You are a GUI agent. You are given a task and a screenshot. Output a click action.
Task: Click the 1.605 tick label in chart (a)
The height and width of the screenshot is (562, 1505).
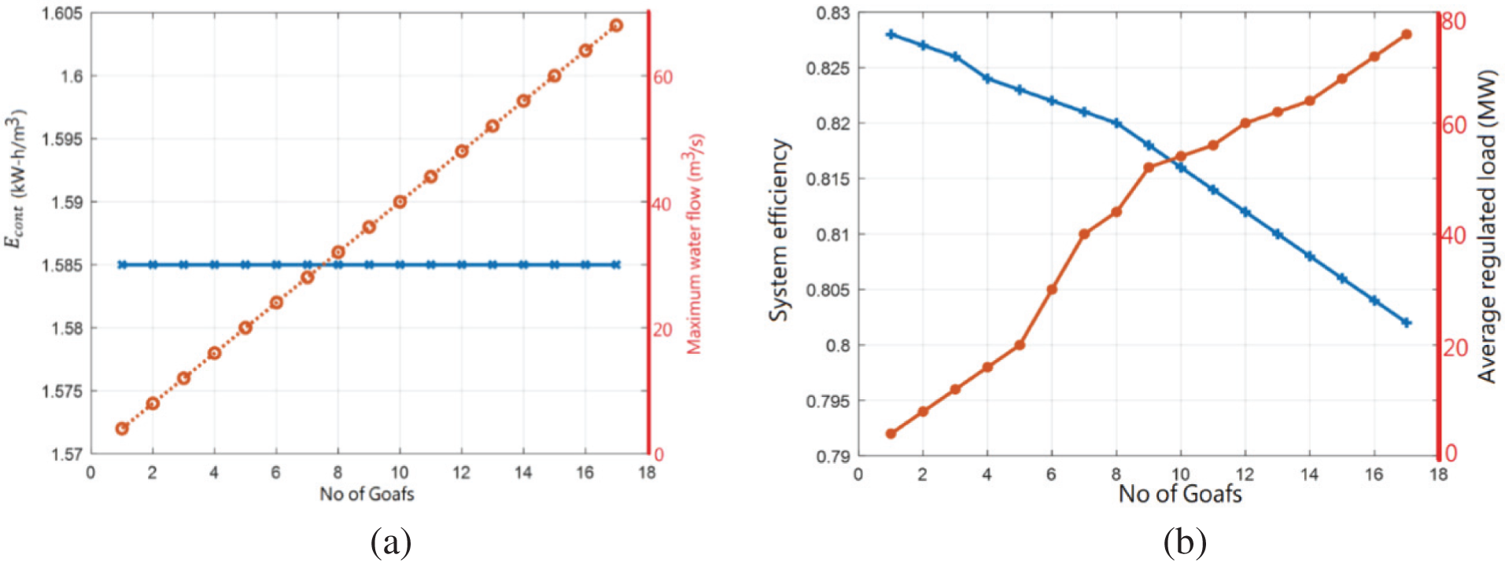[64, 14]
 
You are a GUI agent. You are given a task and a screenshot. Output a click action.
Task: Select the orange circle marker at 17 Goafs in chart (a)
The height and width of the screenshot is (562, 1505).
[616, 25]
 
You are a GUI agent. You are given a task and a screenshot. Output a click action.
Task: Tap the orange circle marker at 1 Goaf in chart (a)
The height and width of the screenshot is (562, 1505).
[122, 428]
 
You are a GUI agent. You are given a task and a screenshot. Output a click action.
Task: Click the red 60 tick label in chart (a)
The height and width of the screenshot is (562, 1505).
[663, 77]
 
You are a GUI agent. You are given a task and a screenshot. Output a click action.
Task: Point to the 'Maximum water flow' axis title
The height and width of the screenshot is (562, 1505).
[695, 244]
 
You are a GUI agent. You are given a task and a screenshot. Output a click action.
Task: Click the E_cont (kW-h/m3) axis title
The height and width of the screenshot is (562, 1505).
[17, 181]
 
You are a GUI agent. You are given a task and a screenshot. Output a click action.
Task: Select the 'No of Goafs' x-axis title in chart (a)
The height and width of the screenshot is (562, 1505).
[367, 494]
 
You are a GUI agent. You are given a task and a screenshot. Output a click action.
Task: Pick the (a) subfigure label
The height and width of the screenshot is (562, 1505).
[390, 542]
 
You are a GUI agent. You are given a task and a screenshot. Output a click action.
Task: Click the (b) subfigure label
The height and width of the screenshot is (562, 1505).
[1184, 542]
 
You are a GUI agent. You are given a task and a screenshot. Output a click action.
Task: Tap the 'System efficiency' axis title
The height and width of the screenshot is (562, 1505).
[778, 230]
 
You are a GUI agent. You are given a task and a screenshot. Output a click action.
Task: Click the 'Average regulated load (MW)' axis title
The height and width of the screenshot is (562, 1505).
[1486, 226]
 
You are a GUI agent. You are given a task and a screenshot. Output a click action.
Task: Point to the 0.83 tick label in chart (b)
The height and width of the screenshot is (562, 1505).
[832, 13]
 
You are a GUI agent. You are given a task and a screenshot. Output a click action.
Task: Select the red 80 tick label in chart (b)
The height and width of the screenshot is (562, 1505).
[1453, 21]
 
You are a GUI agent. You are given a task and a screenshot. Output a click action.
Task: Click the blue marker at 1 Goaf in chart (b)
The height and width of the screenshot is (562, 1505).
[891, 35]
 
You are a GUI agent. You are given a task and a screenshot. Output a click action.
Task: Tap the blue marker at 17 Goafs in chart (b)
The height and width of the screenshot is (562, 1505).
[1407, 322]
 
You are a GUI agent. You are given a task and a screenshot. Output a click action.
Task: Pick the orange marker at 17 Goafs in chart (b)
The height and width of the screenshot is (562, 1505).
[1407, 35]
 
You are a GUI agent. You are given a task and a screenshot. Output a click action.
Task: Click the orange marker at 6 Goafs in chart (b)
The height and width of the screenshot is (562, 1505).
[1052, 289]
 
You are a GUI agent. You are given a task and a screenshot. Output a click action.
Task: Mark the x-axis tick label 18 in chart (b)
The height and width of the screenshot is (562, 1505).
[1438, 475]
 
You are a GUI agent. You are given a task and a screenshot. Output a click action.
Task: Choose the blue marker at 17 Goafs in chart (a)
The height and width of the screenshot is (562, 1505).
[616, 265]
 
